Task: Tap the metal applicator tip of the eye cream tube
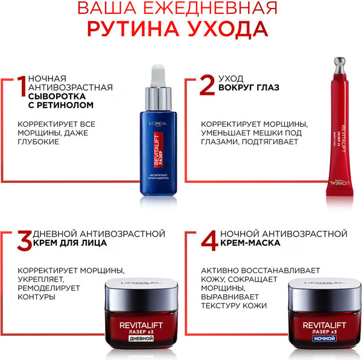tap(340, 63)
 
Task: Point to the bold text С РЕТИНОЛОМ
tap(65, 104)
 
